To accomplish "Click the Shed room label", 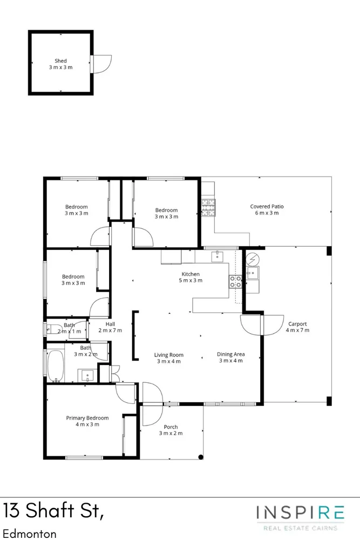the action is click(60, 64).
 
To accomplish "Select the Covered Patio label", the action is click(267, 210).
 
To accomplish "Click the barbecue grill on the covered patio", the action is click(208, 207).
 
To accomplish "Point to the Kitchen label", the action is click(191, 277).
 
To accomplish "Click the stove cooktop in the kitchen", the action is click(236, 282).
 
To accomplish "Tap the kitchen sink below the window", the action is click(218, 256).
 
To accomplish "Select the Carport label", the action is click(297, 327).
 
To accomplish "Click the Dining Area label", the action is click(230, 357).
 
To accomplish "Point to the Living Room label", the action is click(168, 358).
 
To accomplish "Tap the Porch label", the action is click(171, 430).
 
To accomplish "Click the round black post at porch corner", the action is click(201, 457).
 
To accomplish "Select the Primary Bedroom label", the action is click(87, 421).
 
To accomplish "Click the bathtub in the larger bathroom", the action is click(56, 366).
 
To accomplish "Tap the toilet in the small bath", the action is click(54, 329).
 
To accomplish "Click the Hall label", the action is click(110, 327).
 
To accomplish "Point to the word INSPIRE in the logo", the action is click(300, 513).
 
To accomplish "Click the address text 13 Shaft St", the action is click(53, 510).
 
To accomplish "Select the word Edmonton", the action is click(30, 534).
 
